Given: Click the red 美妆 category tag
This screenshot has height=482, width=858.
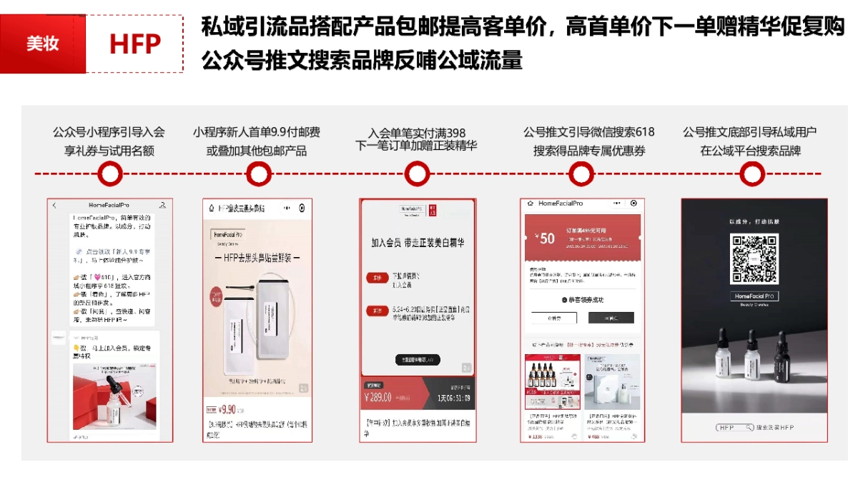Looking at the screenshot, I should [42, 44].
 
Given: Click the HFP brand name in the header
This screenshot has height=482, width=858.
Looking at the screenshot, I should [134, 44].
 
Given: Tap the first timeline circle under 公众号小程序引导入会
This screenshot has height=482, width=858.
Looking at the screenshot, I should [109, 174].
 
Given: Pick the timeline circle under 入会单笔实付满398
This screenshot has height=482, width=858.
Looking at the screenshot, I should [416, 174].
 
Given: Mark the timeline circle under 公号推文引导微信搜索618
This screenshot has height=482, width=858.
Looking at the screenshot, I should [581, 174].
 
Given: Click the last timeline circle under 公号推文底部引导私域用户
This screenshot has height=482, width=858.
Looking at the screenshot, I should [751, 174].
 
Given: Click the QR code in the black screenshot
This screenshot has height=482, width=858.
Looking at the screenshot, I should [754, 258].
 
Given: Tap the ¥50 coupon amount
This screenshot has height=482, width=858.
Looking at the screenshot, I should [547, 239].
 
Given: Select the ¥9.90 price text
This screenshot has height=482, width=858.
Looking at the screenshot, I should [227, 409].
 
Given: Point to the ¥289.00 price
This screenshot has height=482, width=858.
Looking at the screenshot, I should [378, 397].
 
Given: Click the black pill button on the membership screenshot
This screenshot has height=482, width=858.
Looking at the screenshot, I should [418, 360].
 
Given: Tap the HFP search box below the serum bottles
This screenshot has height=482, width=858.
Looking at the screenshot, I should [735, 427].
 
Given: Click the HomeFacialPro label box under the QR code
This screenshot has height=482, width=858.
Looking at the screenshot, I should [754, 296].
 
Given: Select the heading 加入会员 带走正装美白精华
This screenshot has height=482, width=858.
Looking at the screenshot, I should [418, 243].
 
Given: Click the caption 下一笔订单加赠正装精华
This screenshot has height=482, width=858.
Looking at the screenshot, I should [416, 146].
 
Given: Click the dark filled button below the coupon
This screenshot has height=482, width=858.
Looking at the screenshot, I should [611, 318].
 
